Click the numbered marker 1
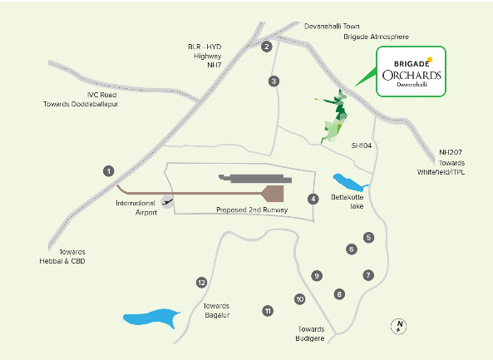coord(109,171)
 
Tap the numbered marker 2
coord(267,47)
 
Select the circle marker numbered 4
coord(313,199)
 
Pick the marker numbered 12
coord(201,283)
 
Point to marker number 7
coord(368,275)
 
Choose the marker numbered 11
coord(268,311)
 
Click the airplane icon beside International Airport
coord(167,202)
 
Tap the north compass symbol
coord(399,327)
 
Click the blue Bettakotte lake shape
coord(349,183)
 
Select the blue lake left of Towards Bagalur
coord(151,318)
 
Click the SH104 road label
coord(362,145)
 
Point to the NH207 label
coord(451,152)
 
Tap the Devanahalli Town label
coord(332,27)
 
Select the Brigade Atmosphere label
coord(376,37)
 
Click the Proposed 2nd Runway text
coord(252,210)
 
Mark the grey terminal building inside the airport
coord(255,179)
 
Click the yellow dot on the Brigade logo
coord(430,60)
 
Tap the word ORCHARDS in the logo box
coord(412,76)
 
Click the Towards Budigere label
coord(310,334)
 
